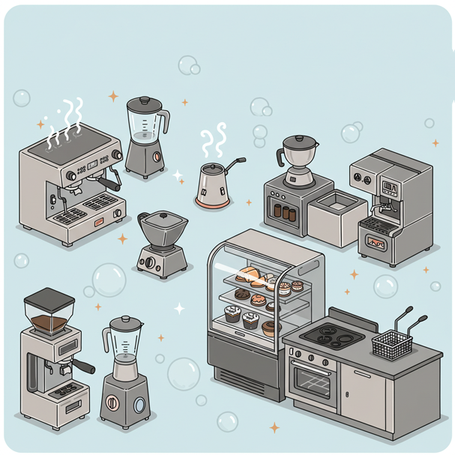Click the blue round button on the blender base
pyautogui.click(x=141, y=406)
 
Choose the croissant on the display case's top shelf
pyautogui.click(x=250, y=274)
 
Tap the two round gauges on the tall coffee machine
pyautogui.click(x=362, y=179)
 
